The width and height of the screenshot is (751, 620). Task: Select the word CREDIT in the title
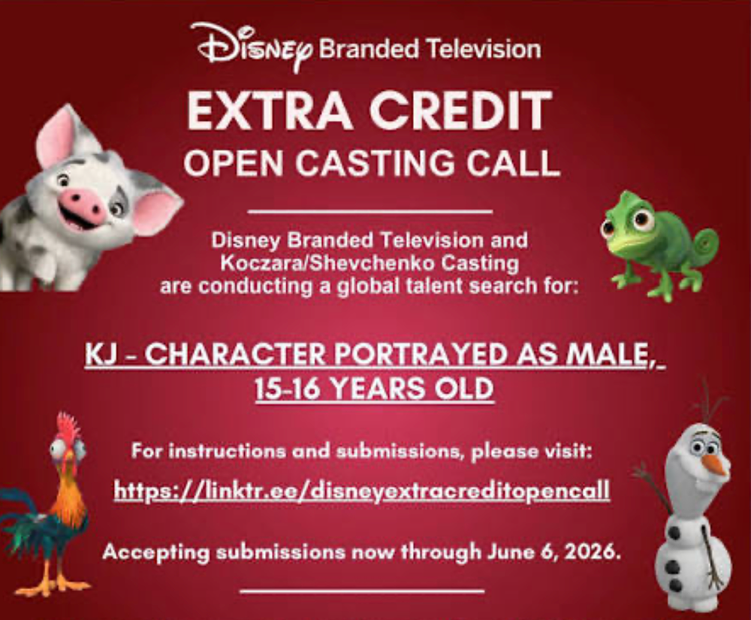pos(461,110)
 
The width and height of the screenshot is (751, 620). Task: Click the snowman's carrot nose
pos(716,464)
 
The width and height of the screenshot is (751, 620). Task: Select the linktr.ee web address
pos(362,490)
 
